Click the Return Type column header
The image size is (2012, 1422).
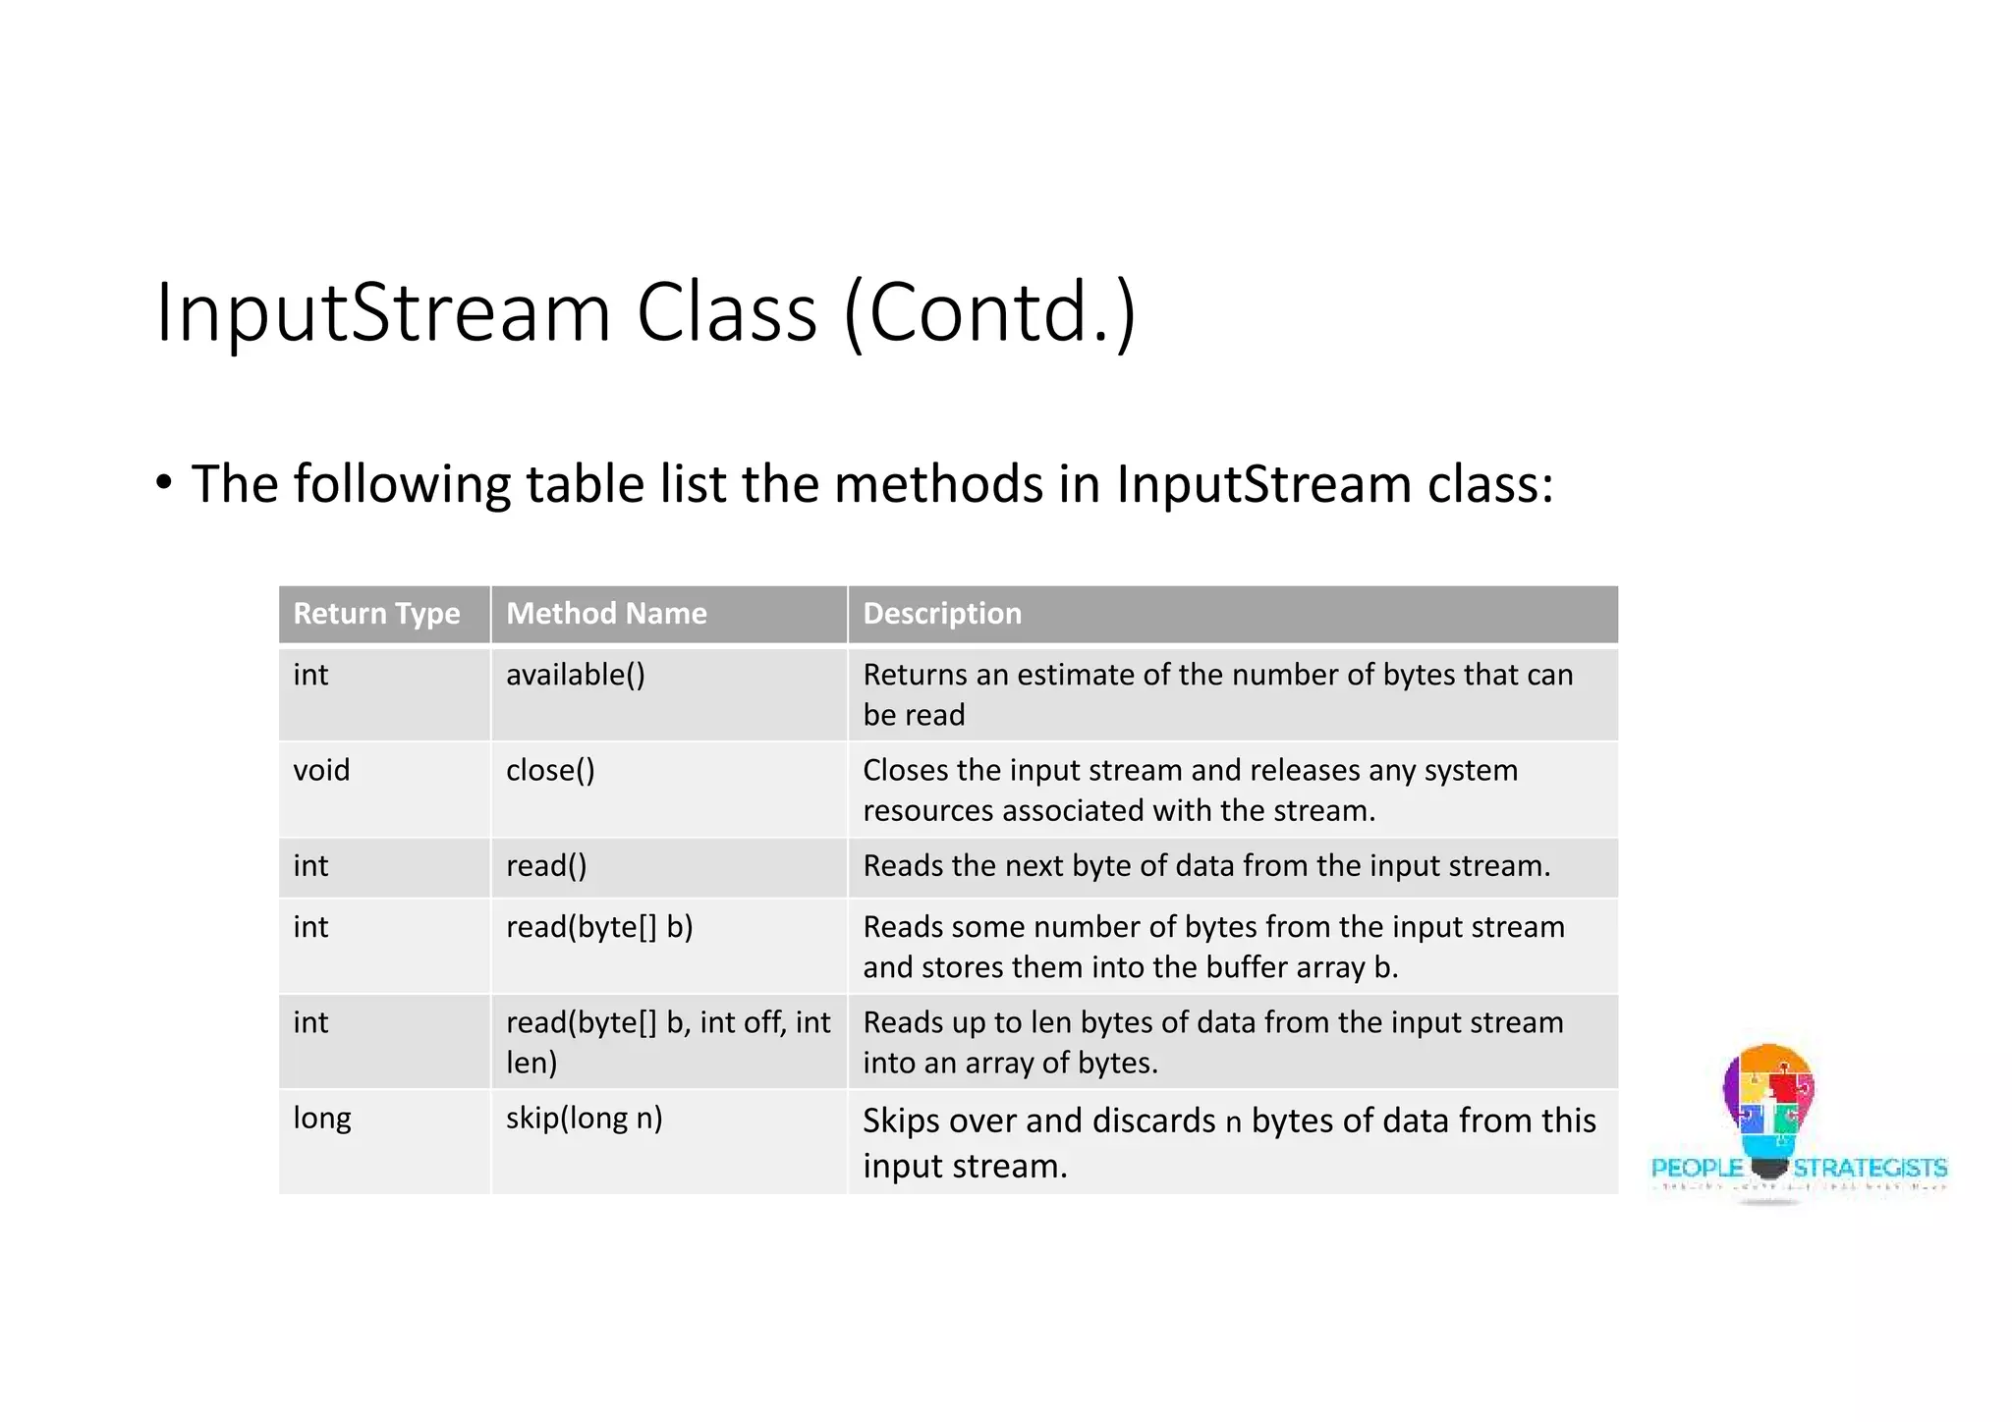click(x=376, y=614)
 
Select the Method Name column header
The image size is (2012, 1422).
click(x=606, y=614)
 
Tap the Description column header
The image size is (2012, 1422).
click(x=941, y=614)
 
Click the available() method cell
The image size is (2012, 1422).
click(x=576, y=676)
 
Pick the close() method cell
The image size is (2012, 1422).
click(x=550, y=771)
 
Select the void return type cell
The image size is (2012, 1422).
click(x=321, y=771)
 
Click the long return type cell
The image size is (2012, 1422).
click(x=322, y=1119)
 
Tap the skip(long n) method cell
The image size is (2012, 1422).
click(x=584, y=1119)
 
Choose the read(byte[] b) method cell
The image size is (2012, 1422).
click(x=599, y=927)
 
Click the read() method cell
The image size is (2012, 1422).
click(x=546, y=866)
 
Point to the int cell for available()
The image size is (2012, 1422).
click(x=310, y=676)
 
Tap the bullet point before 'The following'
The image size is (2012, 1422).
click(x=164, y=483)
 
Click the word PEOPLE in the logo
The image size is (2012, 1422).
click(x=1697, y=1168)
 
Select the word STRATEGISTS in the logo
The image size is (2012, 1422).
click(x=1870, y=1168)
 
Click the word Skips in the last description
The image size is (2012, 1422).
click(x=902, y=1121)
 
